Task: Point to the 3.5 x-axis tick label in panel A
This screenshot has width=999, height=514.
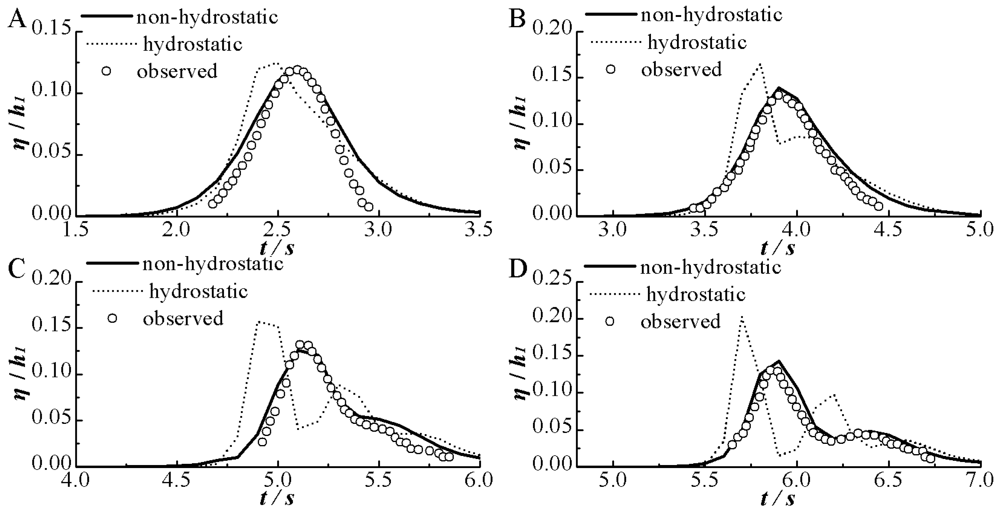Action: pos(480,230)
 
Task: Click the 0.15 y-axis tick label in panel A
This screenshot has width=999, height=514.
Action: pos(52,31)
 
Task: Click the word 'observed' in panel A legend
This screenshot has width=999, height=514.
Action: pos(177,71)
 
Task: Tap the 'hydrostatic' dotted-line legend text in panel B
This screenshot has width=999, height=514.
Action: pos(697,42)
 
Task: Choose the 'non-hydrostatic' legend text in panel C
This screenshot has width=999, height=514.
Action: pos(213,263)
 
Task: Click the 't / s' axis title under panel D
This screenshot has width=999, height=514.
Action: pos(778,499)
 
